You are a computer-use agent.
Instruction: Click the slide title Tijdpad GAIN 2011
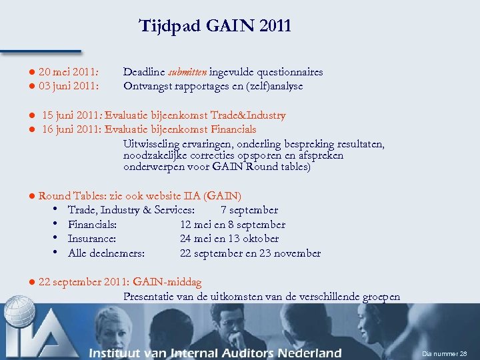tap(215, 26)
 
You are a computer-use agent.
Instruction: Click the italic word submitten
tap(189, 72)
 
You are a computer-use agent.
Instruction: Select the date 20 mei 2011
tap(69, 72)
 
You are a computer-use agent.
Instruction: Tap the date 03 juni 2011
tap(69, 86)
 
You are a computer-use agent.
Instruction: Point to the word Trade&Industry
tap(247, 115)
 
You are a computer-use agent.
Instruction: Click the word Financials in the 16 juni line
tap(233, 129)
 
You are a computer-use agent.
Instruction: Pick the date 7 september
tap(249, 210)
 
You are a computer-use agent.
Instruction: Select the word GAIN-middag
tap(167, 283)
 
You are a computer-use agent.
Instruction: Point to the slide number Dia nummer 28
tap(445, 353)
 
